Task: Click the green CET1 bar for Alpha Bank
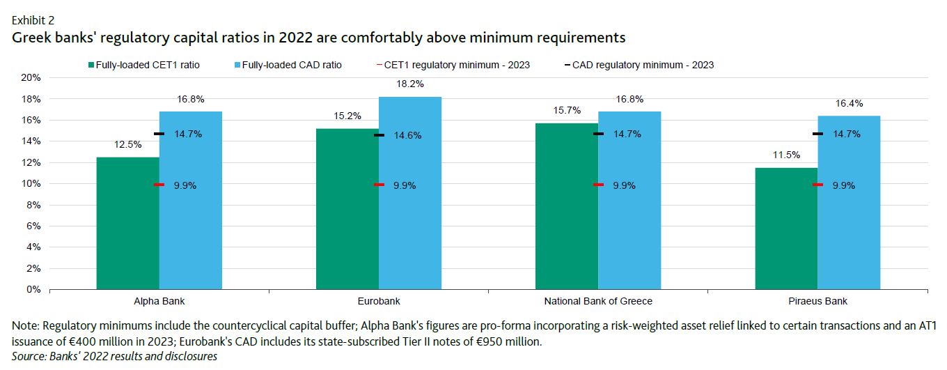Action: coord(127,223)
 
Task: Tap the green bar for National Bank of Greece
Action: coord(567,206)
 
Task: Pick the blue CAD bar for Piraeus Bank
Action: coord(849,202)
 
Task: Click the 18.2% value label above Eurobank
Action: coord(410,84)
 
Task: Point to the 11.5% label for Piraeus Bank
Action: coord(786,155)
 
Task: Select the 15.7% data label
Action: coord(567,111)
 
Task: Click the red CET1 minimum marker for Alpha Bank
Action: coord(159,185)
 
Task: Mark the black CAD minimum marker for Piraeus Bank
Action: coord(817,134)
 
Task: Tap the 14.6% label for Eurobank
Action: coord(407,135)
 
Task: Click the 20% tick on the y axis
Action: coord(32,77)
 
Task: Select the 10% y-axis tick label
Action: coord(32,183)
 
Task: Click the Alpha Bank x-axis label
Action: coord(159,302)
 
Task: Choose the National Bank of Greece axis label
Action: coord(598,302)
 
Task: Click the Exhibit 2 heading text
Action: coord(31,20)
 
